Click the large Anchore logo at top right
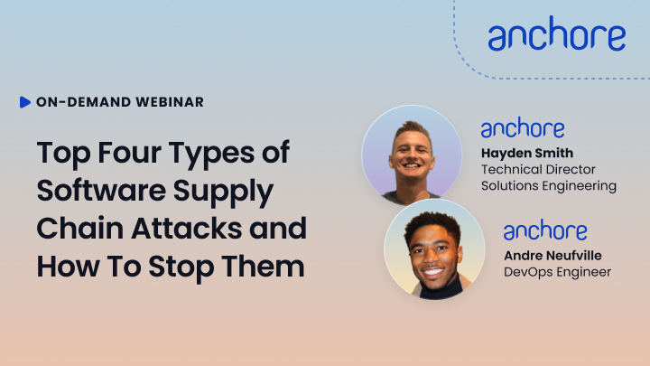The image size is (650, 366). coord(557,33)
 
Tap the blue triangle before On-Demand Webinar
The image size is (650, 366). coord(25,102)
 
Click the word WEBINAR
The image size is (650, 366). coord(170,102)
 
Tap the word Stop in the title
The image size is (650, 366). coord(181,267)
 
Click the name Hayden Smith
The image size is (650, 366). coord(527,153)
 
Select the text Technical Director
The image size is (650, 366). coord(538,169)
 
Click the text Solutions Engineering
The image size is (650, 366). coord(549,186)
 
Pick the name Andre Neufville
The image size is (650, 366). coord(552,256)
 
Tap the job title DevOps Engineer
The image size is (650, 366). coord(557,272)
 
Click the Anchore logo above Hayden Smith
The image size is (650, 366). coord(523,127)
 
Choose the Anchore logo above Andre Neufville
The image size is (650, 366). coord(545,230)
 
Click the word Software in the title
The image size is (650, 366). coord(101,190)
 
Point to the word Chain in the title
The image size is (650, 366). coord(80,229)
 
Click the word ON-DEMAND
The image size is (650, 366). coord(84,102)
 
